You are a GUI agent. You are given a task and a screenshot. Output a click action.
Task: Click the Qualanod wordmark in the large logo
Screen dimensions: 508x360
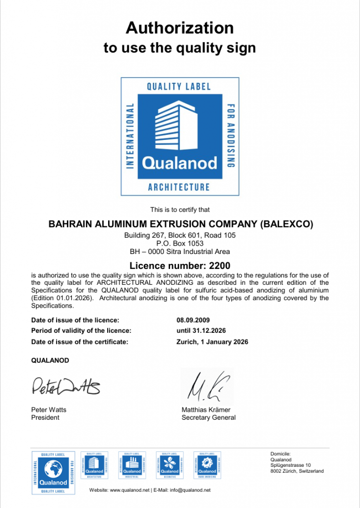[x=180, y=163]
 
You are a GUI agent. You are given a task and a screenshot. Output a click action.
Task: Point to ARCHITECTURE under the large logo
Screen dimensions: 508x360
[x=179, y=187]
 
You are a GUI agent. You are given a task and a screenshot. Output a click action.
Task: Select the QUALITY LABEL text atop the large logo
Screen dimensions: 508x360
[x=179, y=86]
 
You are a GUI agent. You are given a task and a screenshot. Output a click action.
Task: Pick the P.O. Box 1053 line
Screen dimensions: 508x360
[x=180, y=244]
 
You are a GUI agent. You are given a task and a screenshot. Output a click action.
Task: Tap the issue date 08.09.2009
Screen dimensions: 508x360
[x=192, y=320]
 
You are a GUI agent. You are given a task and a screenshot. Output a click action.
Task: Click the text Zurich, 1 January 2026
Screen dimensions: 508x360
[x=212, y=342]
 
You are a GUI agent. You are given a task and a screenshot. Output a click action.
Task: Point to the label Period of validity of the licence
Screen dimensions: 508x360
[x=81, y=330]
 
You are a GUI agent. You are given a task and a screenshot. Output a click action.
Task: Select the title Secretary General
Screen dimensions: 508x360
[x=208, y=418]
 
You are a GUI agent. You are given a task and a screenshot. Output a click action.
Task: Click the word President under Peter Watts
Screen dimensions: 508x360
[x=45, y=418]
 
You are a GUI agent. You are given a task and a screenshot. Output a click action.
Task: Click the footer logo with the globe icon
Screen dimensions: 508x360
[x=53, y=472]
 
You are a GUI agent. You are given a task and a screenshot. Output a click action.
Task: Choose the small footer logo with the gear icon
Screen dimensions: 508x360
[x=207, y=465]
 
